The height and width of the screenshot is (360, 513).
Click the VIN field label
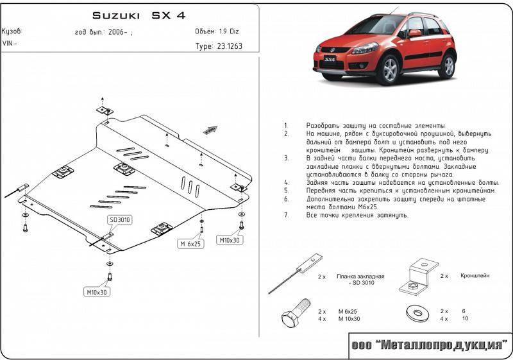coord(10,43)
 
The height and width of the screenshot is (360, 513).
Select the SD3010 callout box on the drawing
coord(120,220)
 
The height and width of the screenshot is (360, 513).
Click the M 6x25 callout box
coord(190,244)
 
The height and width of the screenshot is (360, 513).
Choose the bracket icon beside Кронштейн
coord(417,277)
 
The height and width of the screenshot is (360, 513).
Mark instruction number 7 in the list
coord(285,214)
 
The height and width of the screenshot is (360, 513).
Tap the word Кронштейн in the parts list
coord(474,275)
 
